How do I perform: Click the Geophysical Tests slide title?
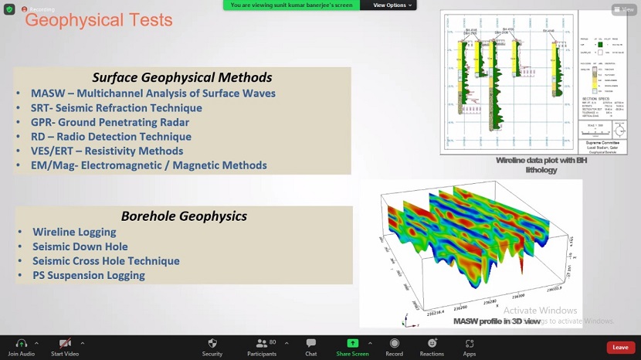click(x=99, y=20)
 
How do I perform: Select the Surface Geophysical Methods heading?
click(x=182, y=77)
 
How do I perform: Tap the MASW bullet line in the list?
click(x=153, y=93)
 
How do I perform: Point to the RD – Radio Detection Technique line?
click(x=111, y=137)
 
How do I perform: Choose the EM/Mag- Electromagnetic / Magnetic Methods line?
click(x=149, y=165)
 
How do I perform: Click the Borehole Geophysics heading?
click(x=184, y=216)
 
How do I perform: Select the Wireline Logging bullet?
click(x=74, y=232)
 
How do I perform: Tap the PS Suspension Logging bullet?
click(x=89, y=275)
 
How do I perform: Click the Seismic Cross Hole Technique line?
click(x=106, y=261)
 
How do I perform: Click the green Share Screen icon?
click(x=353, y=344)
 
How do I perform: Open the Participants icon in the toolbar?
click(x=261, y=344)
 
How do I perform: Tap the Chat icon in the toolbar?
click(x=310, y=344)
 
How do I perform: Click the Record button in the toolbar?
click(x=395, y=344)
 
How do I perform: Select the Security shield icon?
click(x=212, y=344)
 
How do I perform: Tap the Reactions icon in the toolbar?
click(x=432, y=344)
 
